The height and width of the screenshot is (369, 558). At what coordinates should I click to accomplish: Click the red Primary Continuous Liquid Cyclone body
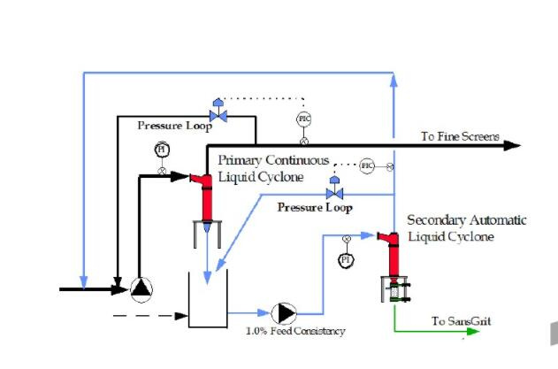point(207,202)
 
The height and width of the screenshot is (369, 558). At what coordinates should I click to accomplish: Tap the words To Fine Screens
point(460,137)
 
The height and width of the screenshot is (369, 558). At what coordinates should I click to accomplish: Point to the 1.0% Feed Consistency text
point(295,331)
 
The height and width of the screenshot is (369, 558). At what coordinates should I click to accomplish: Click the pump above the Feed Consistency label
point(285,313)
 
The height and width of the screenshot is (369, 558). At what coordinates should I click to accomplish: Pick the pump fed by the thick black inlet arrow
point(141,288)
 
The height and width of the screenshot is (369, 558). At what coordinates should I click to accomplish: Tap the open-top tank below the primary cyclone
point(209,296)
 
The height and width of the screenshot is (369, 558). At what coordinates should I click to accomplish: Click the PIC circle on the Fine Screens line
point(303,118)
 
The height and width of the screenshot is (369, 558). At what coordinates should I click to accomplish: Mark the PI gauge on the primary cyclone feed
point(162,150)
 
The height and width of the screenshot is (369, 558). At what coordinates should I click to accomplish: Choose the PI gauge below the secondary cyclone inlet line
point(346,259)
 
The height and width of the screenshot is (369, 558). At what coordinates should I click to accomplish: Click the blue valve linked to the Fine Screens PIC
point(216,114)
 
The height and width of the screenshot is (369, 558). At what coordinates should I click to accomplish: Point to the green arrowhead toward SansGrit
point(484,332)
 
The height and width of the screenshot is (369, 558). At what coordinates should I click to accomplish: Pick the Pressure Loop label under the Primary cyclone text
point(314,208)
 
